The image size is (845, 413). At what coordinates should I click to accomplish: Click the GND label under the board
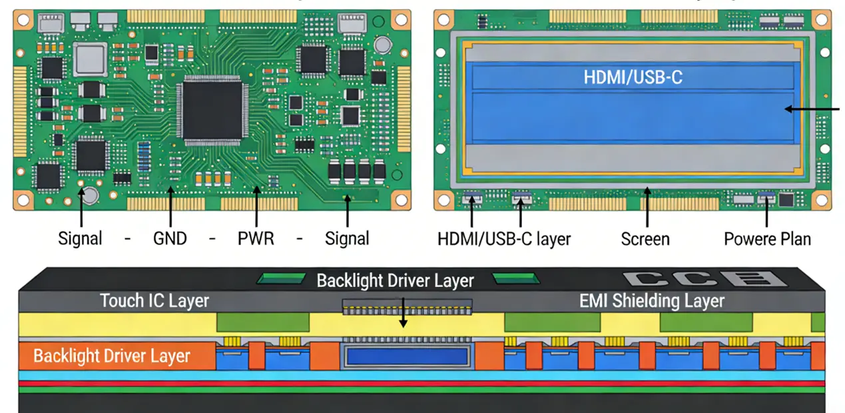pos(170,238)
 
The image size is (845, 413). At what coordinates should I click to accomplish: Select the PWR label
pos(256,238)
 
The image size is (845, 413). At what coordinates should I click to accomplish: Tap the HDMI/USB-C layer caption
pos(504,238)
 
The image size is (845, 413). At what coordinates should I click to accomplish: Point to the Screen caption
pos(645,238)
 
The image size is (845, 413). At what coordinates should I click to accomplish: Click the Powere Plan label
pos(767,238)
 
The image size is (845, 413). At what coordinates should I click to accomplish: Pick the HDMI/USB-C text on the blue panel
pos(633,77)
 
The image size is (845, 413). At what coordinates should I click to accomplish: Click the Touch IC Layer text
pos(154,301)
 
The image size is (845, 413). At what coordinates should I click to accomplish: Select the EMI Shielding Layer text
pos(651,301)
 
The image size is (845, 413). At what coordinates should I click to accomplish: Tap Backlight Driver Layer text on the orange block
pos(111,356)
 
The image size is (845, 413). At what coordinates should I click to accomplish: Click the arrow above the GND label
pos(171,208)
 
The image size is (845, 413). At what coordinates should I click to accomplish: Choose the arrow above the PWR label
pos(256,208)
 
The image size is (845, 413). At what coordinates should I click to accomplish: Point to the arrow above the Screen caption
pos(645,208)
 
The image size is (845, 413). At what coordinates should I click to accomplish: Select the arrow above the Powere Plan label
pos(767,210)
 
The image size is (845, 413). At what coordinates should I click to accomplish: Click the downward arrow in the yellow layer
pos(402,318)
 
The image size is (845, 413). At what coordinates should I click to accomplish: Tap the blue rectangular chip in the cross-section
pos(408,356)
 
